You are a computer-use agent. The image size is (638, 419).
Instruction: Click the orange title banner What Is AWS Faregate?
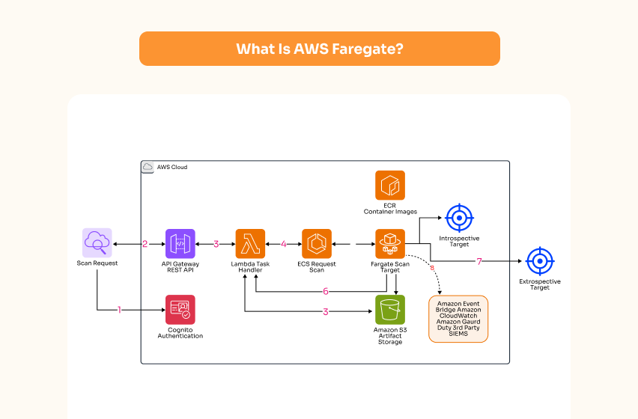click(x=319, y=49)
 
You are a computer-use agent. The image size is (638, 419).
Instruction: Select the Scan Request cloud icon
click(x=97, y=242)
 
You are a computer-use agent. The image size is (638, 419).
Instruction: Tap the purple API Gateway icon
click(x=180, y=243)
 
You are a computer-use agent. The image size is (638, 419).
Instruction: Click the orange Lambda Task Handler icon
click(x=250, y=243)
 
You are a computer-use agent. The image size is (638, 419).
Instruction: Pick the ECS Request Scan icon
click(x=317, y=243)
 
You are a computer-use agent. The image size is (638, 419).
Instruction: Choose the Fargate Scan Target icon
click(x=389, y=243)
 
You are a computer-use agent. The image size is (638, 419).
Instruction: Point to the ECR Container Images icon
click(x=389, y=186)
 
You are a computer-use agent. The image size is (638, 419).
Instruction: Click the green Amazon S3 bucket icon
click(x=389, y=309)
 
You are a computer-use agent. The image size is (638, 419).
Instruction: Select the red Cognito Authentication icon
click(x=180, y=309)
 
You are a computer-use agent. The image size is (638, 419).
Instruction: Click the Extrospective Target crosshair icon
click(x=539, y=261)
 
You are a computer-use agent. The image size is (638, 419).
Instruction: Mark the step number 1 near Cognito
click(x=119, y=309)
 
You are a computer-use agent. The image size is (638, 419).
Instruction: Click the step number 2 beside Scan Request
click(x=145, y=244)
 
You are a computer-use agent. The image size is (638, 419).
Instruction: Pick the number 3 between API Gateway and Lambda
click(x=216, y=244)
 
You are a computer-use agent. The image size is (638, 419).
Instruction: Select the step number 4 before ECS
click(x=284, y=244)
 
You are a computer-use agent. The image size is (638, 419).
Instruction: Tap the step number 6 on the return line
click(x=325, y=291)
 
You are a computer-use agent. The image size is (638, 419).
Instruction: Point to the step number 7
click(x=479, y=261)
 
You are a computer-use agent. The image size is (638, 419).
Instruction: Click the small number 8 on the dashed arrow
click(x=431, y=266)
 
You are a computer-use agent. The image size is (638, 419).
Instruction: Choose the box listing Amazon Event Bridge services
click(x=458, y=319)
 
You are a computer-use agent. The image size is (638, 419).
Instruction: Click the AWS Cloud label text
click(x=172, y=167)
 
